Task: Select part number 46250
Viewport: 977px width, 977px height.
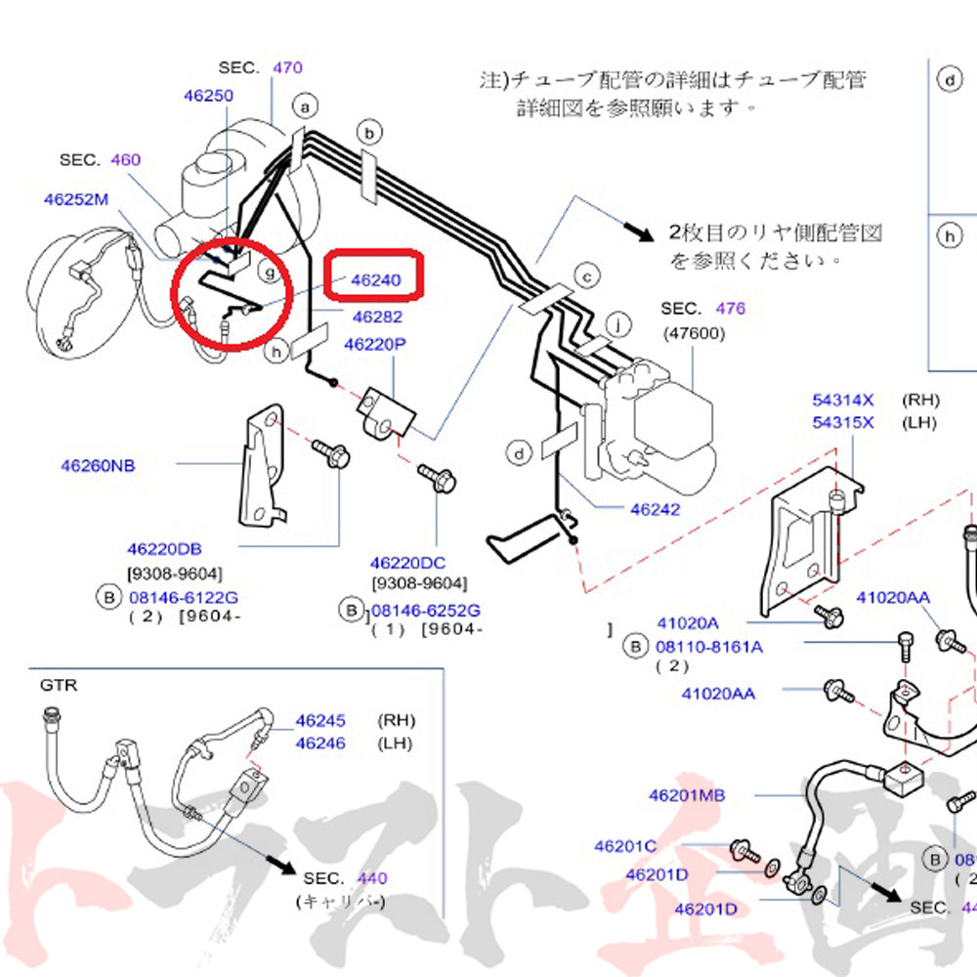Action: pyautogui.click(x=208, y=96)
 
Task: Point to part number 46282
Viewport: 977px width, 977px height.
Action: pyautogui.click(x=376, y=317)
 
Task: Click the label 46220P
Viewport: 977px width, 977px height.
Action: pyautogui.click(x=374, y=344)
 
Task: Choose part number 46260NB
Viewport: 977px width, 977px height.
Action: pyautogui.click(x=98, y=465)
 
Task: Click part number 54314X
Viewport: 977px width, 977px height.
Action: pyautogui.click(x=843, y=400)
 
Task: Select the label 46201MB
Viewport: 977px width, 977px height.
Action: pyautogui.click(x=687, y=795)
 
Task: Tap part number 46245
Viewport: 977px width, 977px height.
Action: pyautogui.click(x=320, y=721)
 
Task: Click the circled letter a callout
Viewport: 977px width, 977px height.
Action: pyautogui.click(x=307, y=106)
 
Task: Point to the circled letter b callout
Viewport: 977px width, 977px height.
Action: pyautogui.click(x=369, y=131)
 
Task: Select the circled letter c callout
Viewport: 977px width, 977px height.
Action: pyautogui.click(x=586, y=276)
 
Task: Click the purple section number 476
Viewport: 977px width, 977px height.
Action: pyautogui.click(x=730, y=308)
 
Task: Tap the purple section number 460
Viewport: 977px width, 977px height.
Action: pyautogui.click(x=126, y=159)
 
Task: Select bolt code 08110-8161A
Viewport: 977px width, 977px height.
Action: pyautogui.click(x=709, y=646)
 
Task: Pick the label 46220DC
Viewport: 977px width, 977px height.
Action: pyautogui.click(x=407, y=563)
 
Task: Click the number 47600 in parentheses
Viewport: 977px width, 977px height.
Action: pyautogui.click(x=693, y=331)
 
